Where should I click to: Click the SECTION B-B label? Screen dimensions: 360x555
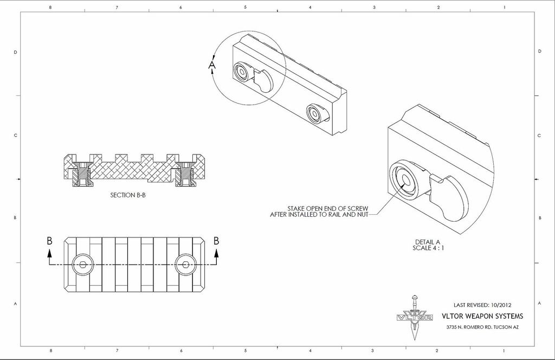click(x=127, y=195)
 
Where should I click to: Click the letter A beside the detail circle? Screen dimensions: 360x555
click(x=212, y=66)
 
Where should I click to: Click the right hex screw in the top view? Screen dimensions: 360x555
click(x=184, y=265)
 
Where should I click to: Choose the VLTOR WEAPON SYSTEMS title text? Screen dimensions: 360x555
click(x=483, y=316)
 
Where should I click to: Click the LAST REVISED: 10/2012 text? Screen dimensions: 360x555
click(x=482, y=305)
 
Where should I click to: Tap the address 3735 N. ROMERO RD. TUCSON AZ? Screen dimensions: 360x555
click(x=482, y=327)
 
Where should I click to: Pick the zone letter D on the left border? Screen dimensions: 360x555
click(x=15, y=52)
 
